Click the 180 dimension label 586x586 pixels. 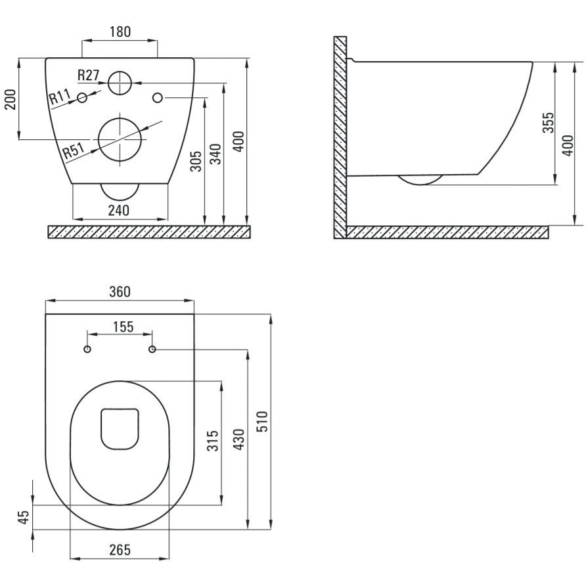[120, 32]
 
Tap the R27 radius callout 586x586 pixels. [89, 75]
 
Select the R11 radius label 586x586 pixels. [60, 97]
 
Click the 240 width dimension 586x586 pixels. [119, 210]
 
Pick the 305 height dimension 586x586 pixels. [196, 161]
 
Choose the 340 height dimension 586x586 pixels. [215, 154]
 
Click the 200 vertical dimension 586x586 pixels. [11, 99]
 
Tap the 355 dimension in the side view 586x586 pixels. [549, 122]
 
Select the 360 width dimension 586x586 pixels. [120, 292]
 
